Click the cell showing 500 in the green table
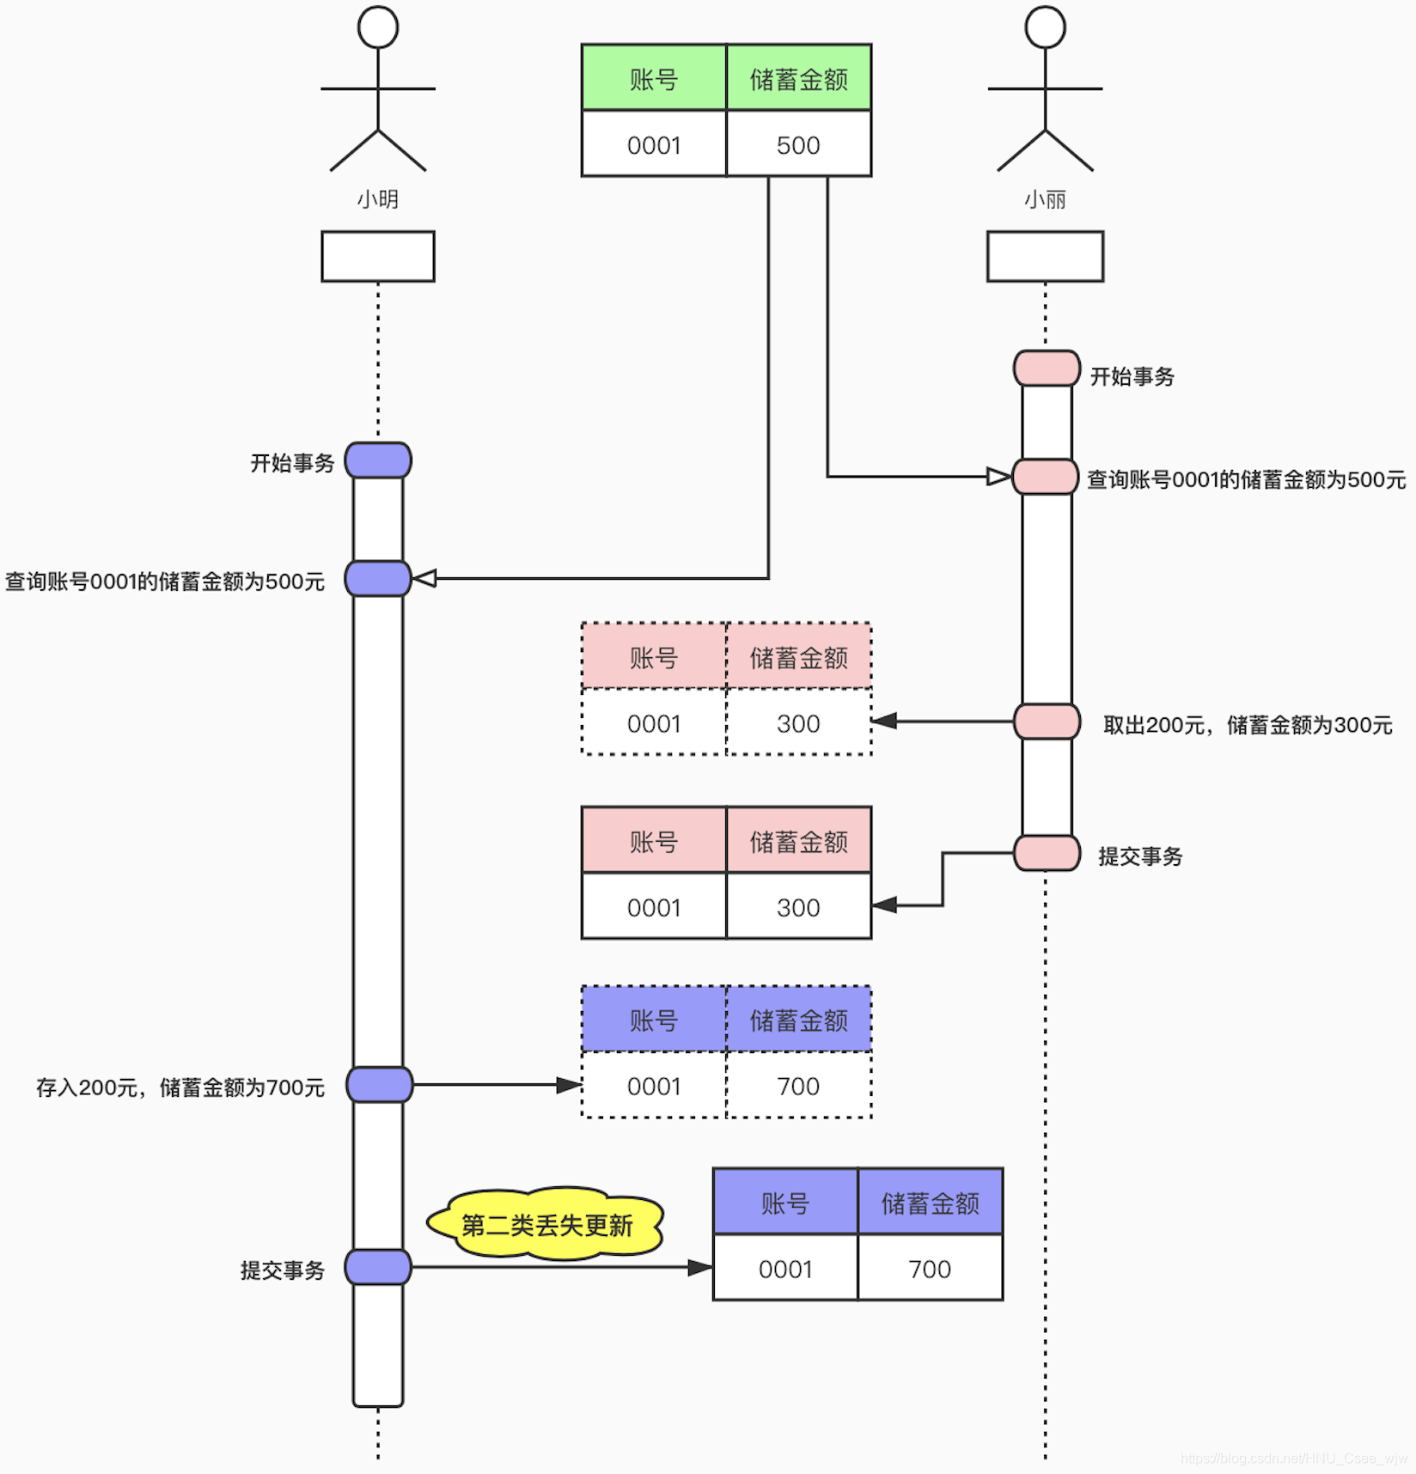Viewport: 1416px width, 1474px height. pos(798,144)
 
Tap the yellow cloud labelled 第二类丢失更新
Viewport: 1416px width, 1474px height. pos(546,1225)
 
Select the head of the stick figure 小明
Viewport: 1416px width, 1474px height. pos(378,27)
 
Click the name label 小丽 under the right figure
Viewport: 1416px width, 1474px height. pos(1045,200)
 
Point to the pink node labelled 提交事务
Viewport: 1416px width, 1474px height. pos(1047,853)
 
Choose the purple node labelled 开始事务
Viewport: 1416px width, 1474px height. pos(378,460)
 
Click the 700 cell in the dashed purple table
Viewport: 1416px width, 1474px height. pos(798,1086)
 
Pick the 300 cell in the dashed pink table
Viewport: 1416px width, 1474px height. pos(798,723)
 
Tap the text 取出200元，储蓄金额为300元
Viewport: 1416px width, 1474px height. pos(1248,725)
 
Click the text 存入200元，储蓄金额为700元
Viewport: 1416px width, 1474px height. pos(180,1087)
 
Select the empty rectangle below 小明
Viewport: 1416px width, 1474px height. pos(378,256)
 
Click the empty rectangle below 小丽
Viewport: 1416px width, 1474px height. pos(1045,256)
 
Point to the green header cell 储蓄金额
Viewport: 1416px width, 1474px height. pos(798,78)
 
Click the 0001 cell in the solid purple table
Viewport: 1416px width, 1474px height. pos(785,1269)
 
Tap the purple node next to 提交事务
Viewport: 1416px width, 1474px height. pos(378,1267)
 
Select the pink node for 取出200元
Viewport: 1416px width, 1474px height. pos(1047,722)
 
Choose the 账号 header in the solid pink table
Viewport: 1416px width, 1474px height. pos(654,841)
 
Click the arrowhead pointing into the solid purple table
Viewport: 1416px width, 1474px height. pos(700,1267)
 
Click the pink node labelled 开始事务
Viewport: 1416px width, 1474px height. pos(1047,368)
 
